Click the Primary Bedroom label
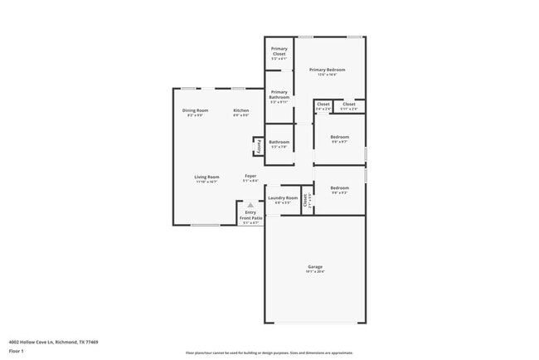pos(327,70)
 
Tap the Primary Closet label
pos(279,51)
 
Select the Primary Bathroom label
pos(279,95)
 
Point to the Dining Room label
pos(195,110)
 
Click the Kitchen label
pos(240,110)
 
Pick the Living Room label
pos(206,177)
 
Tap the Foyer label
pos(250,176)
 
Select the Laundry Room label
pos(282,197)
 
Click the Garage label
pos(315,266)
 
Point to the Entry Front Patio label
pos(250,215)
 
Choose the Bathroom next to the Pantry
pos(279,142)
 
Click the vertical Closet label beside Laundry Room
pos(305,199)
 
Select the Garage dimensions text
pos(315,272)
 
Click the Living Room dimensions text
pos(206,182)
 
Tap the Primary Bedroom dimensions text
pos(327,75)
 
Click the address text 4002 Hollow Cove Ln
pos(53,341)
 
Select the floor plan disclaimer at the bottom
pos(269,352)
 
